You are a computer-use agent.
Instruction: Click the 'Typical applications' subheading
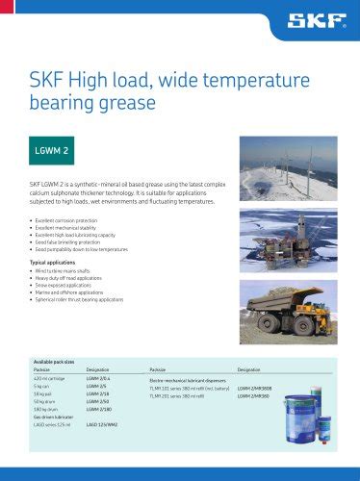point(56,262)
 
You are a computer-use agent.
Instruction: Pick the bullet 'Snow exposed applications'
point(67,284)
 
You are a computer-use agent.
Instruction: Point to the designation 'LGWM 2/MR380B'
point(256,388)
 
